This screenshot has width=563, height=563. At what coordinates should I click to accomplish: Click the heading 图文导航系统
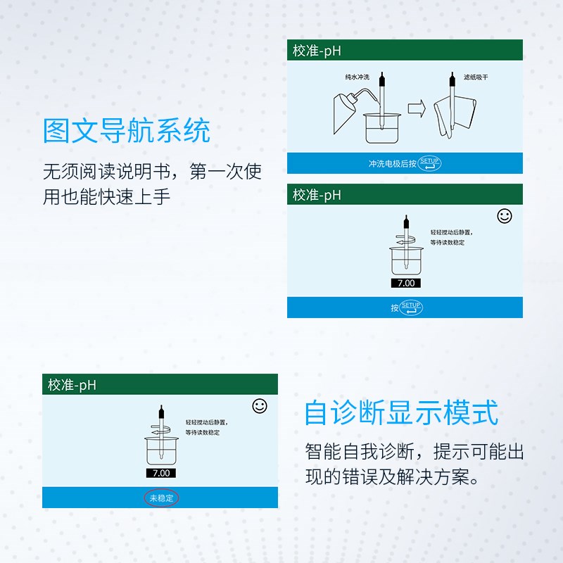[127, 131]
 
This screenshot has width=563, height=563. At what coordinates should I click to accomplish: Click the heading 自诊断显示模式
[401, 412]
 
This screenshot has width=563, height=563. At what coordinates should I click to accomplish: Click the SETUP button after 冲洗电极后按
[429, 163]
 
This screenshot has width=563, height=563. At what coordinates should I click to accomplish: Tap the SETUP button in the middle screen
[411, 308]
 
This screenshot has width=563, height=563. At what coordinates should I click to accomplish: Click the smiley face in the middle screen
[505, 216]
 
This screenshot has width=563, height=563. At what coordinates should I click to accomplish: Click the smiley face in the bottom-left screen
[260, 406]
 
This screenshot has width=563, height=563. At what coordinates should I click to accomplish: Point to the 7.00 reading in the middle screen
[406, 283]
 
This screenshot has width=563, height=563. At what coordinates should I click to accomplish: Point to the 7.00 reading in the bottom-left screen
[161, 473]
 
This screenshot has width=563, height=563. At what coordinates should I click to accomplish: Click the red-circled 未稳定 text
[162, 498]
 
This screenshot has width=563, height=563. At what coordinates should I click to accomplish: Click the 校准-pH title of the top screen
[317, 51]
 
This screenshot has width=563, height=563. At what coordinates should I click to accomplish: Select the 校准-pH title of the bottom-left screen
[72, 385]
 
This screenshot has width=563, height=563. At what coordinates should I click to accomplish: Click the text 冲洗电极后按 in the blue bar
[392, 163]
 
